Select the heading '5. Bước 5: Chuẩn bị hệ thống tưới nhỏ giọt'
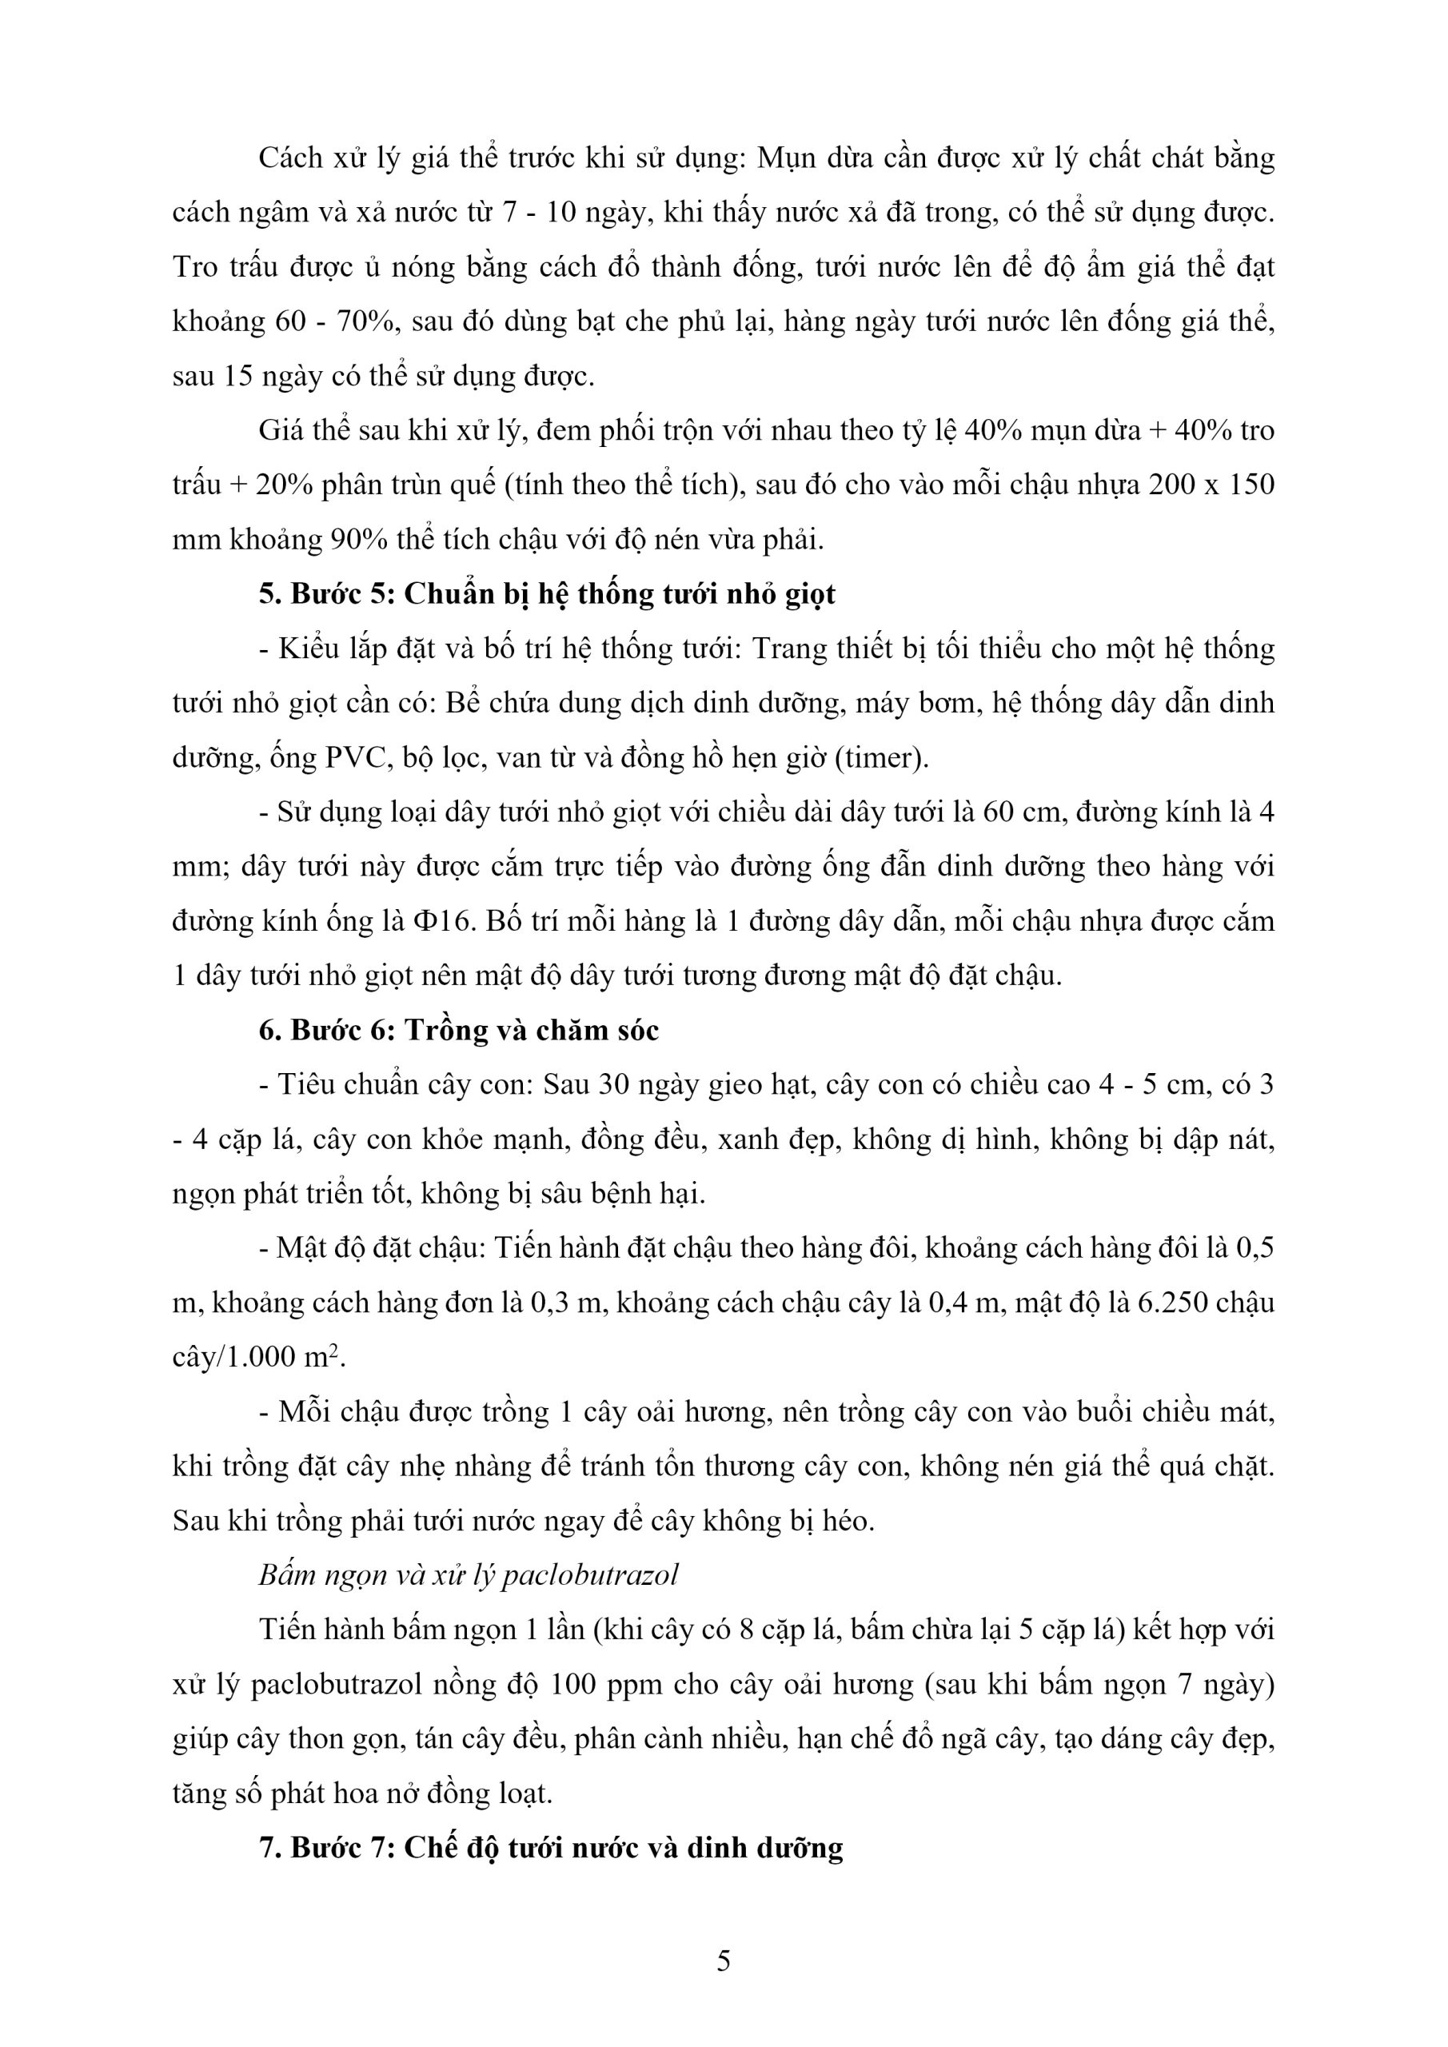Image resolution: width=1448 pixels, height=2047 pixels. coord(548,594)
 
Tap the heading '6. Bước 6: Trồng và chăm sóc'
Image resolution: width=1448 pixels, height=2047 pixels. coord(459,1031)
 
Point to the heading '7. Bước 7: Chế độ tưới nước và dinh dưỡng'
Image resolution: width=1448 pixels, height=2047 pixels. coord(551,1848)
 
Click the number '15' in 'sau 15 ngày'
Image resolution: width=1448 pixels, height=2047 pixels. coord(237,377)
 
